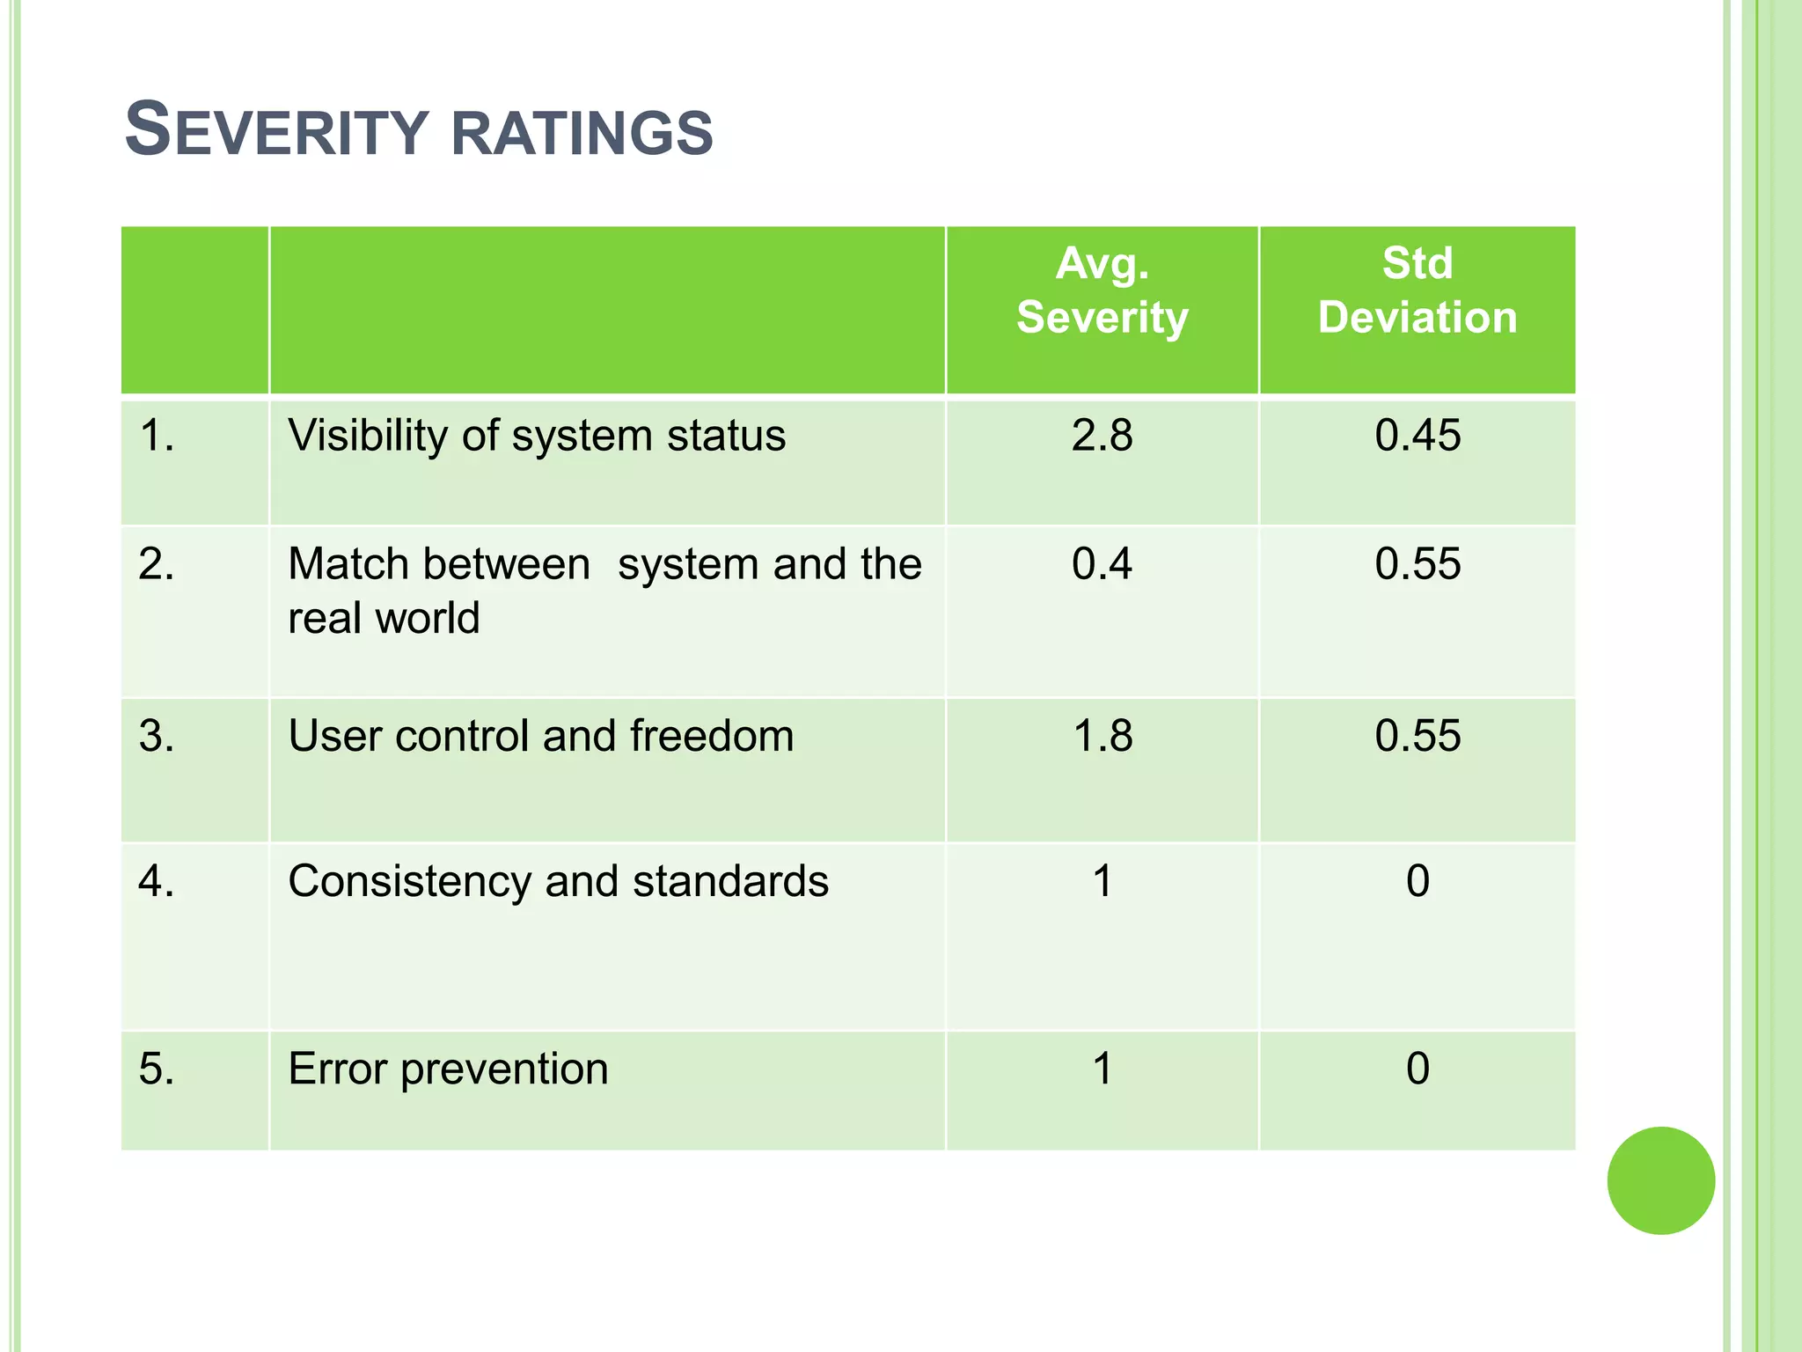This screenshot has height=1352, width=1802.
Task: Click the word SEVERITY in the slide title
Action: [276, 131]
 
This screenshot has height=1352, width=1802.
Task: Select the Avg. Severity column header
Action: [1102, 290]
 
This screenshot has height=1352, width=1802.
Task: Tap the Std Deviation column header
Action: [1417, 290]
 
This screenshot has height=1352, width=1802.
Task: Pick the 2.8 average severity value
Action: [1102, 436]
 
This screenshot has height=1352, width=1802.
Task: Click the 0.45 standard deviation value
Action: [1417, 436]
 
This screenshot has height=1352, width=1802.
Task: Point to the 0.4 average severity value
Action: [1102, 563]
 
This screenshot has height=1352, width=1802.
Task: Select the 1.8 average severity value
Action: [1102, 736]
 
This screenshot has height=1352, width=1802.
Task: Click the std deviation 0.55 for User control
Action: [1417, 736]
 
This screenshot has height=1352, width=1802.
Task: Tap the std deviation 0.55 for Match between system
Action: [1417, 563]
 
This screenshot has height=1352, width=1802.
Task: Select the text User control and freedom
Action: [540, 736]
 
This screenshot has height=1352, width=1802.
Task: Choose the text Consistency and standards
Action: [558, 881]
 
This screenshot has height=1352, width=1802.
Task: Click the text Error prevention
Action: [448, 1069]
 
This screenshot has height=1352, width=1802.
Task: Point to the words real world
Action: [384, 618]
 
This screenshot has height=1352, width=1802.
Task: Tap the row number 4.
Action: [156, 881]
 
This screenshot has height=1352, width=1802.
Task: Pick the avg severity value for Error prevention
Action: [1102, 1069]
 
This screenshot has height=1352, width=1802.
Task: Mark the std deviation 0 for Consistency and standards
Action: [1417, 881]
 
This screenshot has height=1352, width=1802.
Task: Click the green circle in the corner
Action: [1660, 1180]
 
